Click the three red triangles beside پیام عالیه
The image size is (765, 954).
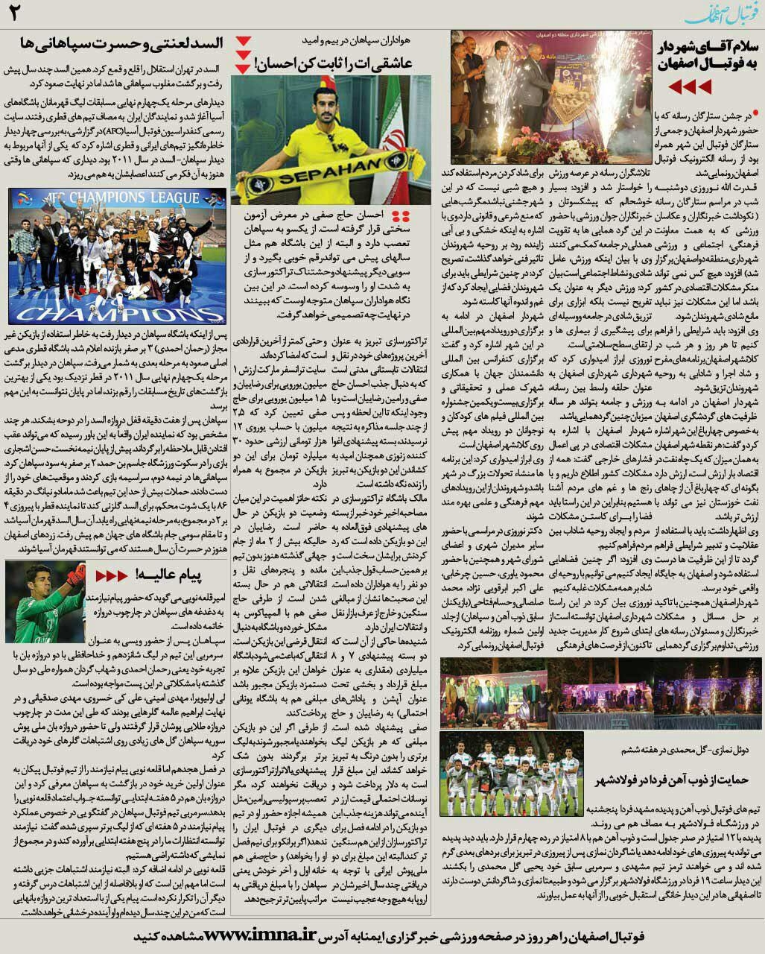[112, 575]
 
